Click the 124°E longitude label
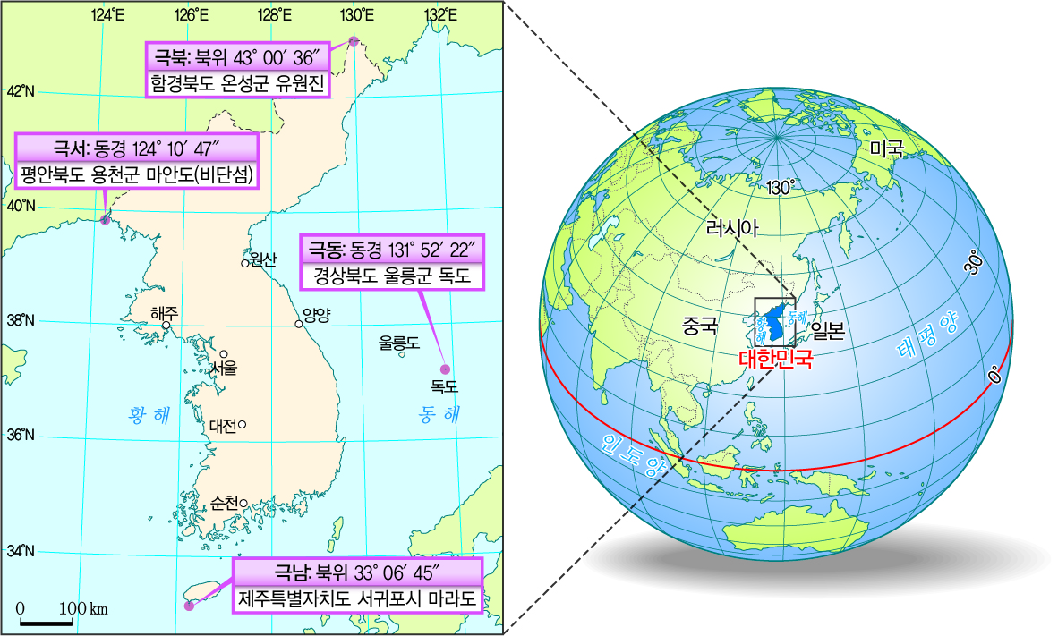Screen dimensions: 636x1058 [107, 15]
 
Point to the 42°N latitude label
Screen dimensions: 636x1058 [20, 91]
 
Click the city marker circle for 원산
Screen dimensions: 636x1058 [244, 263]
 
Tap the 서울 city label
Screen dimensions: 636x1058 [224, 368]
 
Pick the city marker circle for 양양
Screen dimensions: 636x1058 [299, 324]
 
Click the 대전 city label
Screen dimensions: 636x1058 [223, 426]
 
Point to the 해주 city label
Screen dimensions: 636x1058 [165, 313]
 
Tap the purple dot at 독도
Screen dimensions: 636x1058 [443, 369]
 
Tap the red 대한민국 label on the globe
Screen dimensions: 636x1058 [776, 360]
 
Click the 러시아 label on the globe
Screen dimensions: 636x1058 [732, 228]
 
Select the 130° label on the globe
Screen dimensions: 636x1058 [781, 187]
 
